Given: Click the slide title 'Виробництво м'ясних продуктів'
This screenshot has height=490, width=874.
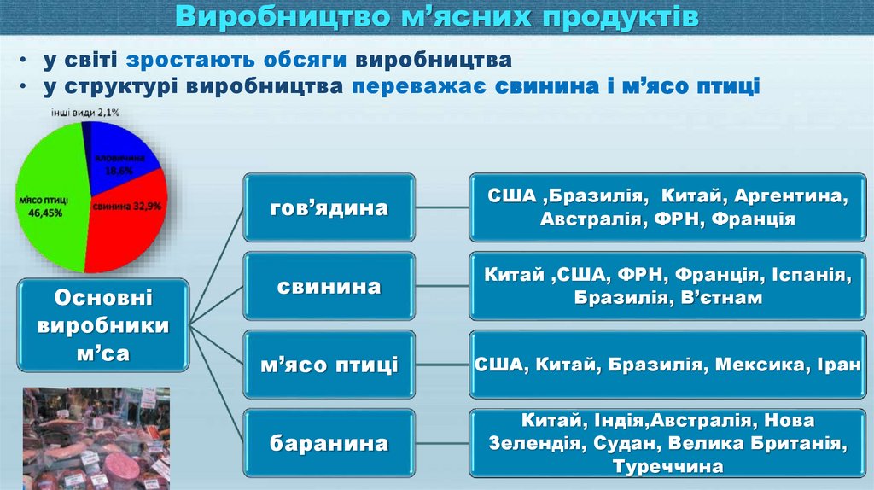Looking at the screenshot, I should click(x=437, y=17).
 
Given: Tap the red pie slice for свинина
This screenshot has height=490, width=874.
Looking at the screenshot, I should click(x=128, y=218).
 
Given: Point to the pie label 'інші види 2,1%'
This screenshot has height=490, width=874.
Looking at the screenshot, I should click(x=84, y=112).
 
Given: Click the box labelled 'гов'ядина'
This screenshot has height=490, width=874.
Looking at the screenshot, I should click(x=329, y=207).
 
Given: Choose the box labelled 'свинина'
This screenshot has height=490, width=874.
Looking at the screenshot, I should click(x=329, y=286).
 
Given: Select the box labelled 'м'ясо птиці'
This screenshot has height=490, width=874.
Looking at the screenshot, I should click(x=329, y=365).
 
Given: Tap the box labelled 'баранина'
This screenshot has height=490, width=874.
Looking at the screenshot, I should click(x=329, y=443).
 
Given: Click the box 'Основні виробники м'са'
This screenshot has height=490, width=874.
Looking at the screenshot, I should click(x=102, y=325).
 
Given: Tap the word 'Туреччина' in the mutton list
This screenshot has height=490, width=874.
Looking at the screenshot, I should click(x=667, y=466).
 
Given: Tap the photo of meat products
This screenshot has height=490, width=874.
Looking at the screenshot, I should click(x=96, y=438).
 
